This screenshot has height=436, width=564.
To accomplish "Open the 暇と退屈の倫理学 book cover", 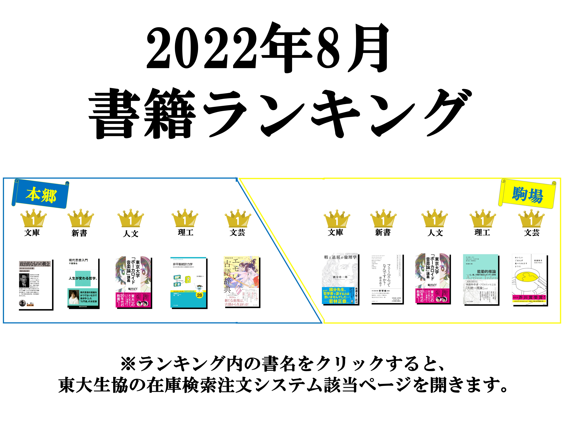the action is [x=340, y=279].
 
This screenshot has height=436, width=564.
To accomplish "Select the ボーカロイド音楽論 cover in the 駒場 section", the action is [x=433, y=279].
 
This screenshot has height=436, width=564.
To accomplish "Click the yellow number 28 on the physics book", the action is [x=199, y=295].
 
